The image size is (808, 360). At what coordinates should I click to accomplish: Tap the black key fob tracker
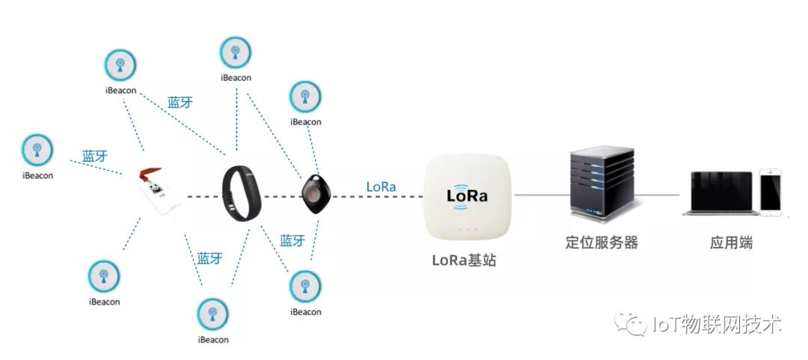click(313, 194)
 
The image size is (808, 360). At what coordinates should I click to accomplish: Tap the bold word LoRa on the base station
click(467, 196)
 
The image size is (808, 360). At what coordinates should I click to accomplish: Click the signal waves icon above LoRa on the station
click(467, 180)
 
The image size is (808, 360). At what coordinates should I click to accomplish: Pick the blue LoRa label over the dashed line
click(381, 186)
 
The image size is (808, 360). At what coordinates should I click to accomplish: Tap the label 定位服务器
click(602, 242)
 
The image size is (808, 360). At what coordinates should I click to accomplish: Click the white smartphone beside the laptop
click(771, 192)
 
